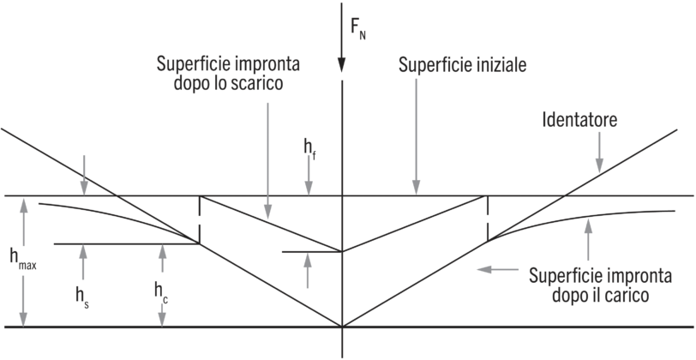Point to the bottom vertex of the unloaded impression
342,252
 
